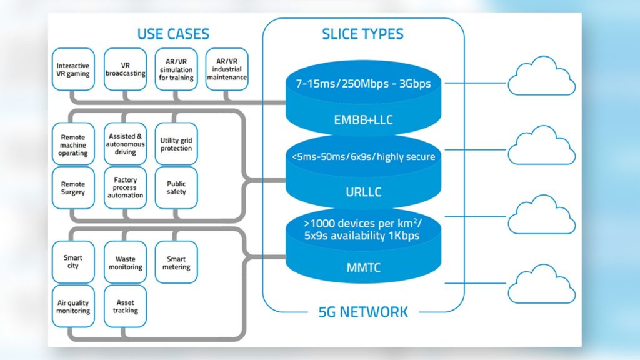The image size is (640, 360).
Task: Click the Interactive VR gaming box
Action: click(x=73, y=69)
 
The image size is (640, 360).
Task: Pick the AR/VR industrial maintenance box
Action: click(x=227, y=69)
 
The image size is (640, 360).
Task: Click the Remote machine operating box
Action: click(x=73, y=144)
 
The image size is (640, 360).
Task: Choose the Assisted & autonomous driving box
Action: click(x=125, y=144)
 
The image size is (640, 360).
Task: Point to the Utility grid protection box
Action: click(x=176, y=144)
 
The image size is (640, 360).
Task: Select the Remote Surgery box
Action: click(x=73, y=187)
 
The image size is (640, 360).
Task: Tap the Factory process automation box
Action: click(x=125, y=187)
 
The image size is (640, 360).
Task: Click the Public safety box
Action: click(x=176, y=187)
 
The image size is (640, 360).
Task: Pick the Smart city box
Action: click(x=73, y=262)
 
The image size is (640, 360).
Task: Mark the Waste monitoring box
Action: click(x=125, y=262)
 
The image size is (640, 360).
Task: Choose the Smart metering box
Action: click(x=176, y=262)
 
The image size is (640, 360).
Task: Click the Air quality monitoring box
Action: click(x=73, y=306)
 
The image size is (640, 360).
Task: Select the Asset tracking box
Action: click(x=125, y=306)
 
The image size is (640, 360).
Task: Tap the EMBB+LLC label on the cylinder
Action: click(x=363, y=119)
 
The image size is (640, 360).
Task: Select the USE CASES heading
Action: click(x=173, y=34)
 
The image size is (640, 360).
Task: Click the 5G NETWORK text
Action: click(x=363, y=311)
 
